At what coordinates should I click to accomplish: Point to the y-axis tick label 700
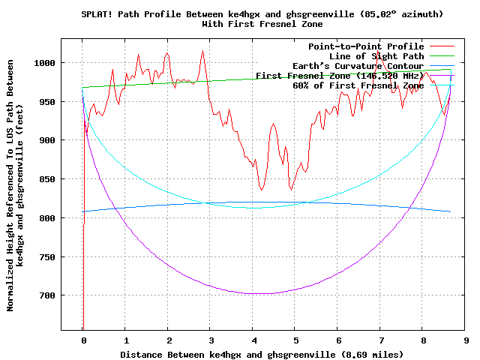(x=46, y=295)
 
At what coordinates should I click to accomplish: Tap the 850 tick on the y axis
(x=46, y=178)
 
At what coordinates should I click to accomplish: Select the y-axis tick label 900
(x=46, y=140)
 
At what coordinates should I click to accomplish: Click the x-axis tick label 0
(x=83, y=339)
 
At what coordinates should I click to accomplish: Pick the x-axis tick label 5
(x=295, y=339)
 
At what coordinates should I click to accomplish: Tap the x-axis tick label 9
(x=466, y=339)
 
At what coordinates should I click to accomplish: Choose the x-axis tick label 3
(x=211, y=339)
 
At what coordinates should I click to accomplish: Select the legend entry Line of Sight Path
(x=376, y=56)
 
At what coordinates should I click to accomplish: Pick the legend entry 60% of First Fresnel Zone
(x=358, y=85)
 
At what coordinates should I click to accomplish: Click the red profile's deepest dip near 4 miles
(x=261, y=190)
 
